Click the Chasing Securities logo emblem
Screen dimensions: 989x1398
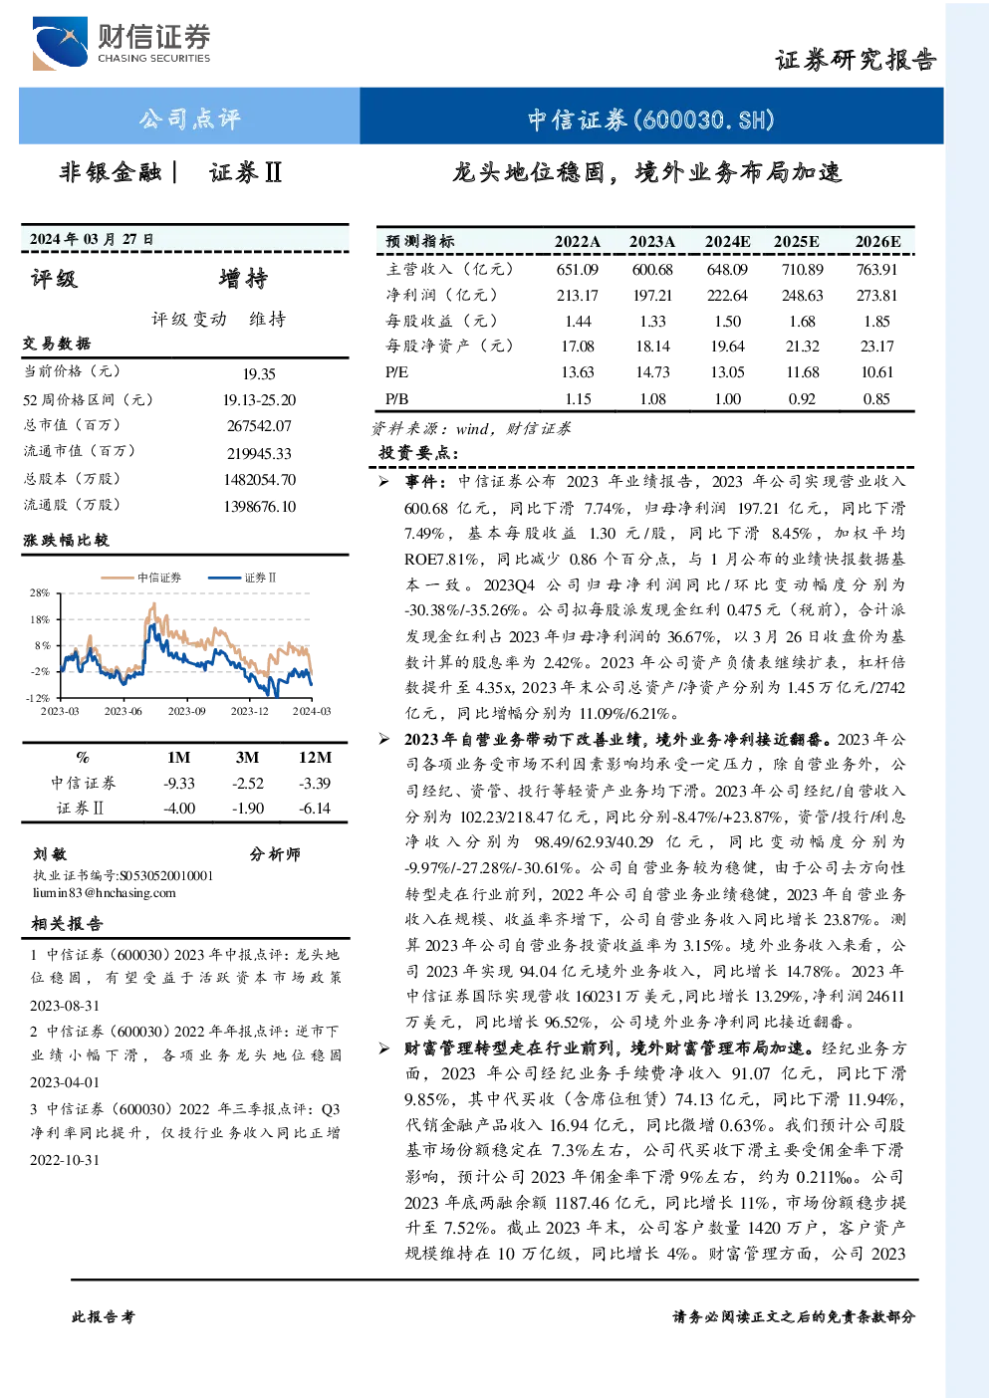pyautogui.click(x=60, y=43)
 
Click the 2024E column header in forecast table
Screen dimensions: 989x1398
pyautogui.click(x=727, y=242)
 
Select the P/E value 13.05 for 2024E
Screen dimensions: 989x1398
pyautogui.click(x=727, y=372)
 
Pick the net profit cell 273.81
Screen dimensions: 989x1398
pyautogui.click(x=876, y=295)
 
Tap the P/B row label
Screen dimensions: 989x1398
pyautogui.click(x=396, y=398)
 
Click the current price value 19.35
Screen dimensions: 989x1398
pyautogui.click(x=259, y=373)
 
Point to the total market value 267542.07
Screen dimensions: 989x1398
pyautogui.click(x=259, y=426)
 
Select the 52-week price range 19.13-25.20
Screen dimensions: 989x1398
pyautogui.click(x=259, y=400)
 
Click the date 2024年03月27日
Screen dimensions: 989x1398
pyautogui.click(x=92, y=239)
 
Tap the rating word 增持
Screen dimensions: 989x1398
pyautogui.click(x=243, y=279)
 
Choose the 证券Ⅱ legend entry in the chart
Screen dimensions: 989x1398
pyautogui.click(x=242, y=578)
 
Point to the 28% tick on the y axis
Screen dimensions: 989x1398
pyautogui.click(x=40, y=592)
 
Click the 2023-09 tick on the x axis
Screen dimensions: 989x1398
pyautogui.click(x=186, y=711)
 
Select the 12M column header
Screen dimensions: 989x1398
pyautogui.click(x=315, y=757)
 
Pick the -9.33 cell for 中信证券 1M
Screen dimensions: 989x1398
pyautogui.click(x=178, y=783)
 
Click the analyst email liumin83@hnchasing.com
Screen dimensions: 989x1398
pyautogui.click(x=105, y=892)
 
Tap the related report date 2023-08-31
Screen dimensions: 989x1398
pyautogui.click(x=65, y=1006)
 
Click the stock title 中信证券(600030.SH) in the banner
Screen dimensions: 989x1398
pyautogui.click(x=651, y=119)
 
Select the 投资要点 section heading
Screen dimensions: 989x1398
pyautogui.click(x=418, y=452)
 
